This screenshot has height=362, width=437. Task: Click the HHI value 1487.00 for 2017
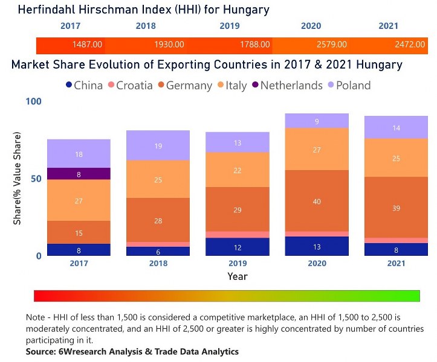click(88, 45)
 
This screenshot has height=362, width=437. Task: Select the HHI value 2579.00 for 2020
click(332, 45)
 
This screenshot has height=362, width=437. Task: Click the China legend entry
click(84, 86)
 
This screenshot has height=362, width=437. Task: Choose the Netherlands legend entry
click(285, 86)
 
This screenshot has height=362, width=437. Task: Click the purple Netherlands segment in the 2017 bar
click(79, 174)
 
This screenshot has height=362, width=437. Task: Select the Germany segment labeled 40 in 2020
click(317, 201)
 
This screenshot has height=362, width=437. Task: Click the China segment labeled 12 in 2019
click(237, 247)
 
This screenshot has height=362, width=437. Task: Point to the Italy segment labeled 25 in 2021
click(397, 158)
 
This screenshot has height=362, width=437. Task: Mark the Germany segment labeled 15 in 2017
click(79, 232)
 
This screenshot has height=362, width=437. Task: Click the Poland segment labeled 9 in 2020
click(317, 121)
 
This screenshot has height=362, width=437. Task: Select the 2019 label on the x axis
click(237, 264)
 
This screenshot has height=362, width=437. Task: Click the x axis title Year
click(237, 276)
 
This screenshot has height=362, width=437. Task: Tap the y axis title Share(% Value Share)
click(18, 181)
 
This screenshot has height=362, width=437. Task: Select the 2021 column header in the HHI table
click(388, 26)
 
